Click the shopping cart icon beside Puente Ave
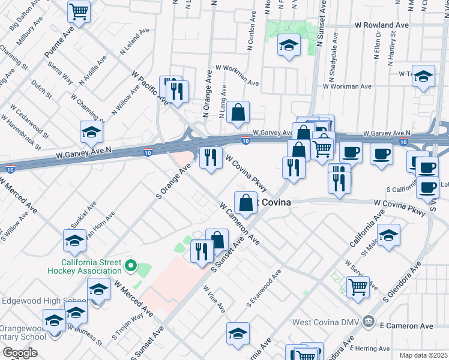point(79,11)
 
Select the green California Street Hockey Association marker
point(130,266)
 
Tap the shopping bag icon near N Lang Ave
point(238,112)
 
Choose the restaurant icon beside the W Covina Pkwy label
point(211,158)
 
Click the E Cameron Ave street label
point(406,326)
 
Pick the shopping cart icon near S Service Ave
point(358,288)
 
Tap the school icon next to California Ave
point(388,235)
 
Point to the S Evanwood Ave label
point(264,290)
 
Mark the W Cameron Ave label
point(240,223)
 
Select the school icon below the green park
point(289,45)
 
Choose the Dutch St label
point(42,91)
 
